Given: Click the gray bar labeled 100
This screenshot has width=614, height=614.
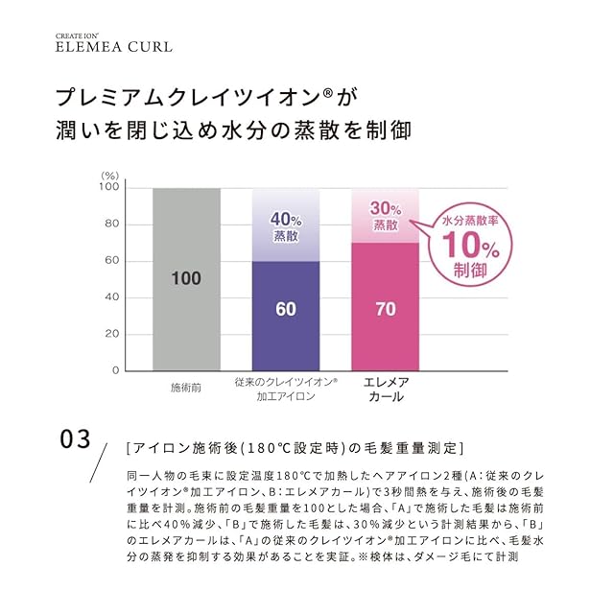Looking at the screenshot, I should [x=186, y=278].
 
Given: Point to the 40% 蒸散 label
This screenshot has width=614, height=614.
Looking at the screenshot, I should [x=286, y=224].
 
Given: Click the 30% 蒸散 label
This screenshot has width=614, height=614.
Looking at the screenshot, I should [x=385, y=216].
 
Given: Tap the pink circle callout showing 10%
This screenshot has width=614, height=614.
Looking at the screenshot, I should [x=467, y=246].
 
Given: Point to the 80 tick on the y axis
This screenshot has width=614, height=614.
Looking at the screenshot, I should [x=112, y=224].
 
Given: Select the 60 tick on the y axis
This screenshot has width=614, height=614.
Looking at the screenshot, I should [x=112, y=261].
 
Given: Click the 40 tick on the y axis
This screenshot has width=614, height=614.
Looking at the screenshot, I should [x=112, y=297].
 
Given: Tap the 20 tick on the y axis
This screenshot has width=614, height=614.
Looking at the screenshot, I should [x=112, y=334].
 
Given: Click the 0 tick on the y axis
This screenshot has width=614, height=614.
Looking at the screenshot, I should [x=115, y=370].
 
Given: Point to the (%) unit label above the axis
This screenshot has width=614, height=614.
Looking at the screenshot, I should [x=109, y=175].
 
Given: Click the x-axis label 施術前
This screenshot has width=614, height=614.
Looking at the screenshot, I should [x=186, y=388].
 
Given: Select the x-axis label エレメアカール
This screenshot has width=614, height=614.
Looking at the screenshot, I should [x=386, y=389].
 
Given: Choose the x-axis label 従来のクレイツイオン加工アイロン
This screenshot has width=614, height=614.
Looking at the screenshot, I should [x=286, y=388].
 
